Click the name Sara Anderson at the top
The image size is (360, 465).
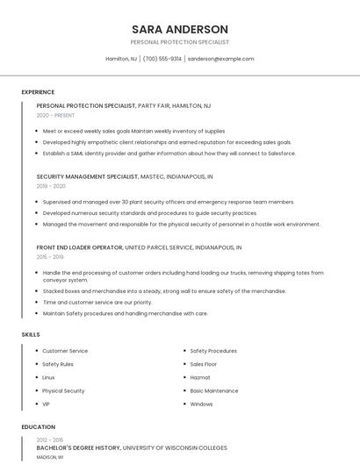[x=179, y=29]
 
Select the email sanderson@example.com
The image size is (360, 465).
[x=221, y=59]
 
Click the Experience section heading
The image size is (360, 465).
[x=38, y=92]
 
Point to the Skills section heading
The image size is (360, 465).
[x=30, y=334]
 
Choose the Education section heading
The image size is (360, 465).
[x=38, y=427]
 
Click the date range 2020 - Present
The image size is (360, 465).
[x=55, y=115]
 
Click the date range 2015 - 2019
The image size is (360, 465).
[x=50, y=257]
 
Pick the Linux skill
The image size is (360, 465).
[x=48, y=377]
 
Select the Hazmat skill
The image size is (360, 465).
[x=200, y=377]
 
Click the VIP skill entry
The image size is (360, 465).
[x=46, y=404]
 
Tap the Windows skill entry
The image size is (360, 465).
[x=201, y=404]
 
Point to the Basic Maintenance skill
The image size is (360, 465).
[x=213, y=390]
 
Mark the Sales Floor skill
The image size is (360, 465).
[x=204, y=364]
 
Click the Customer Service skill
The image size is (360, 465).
[x=65, y=351]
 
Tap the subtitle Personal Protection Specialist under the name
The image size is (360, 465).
[x=179, y=42]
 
